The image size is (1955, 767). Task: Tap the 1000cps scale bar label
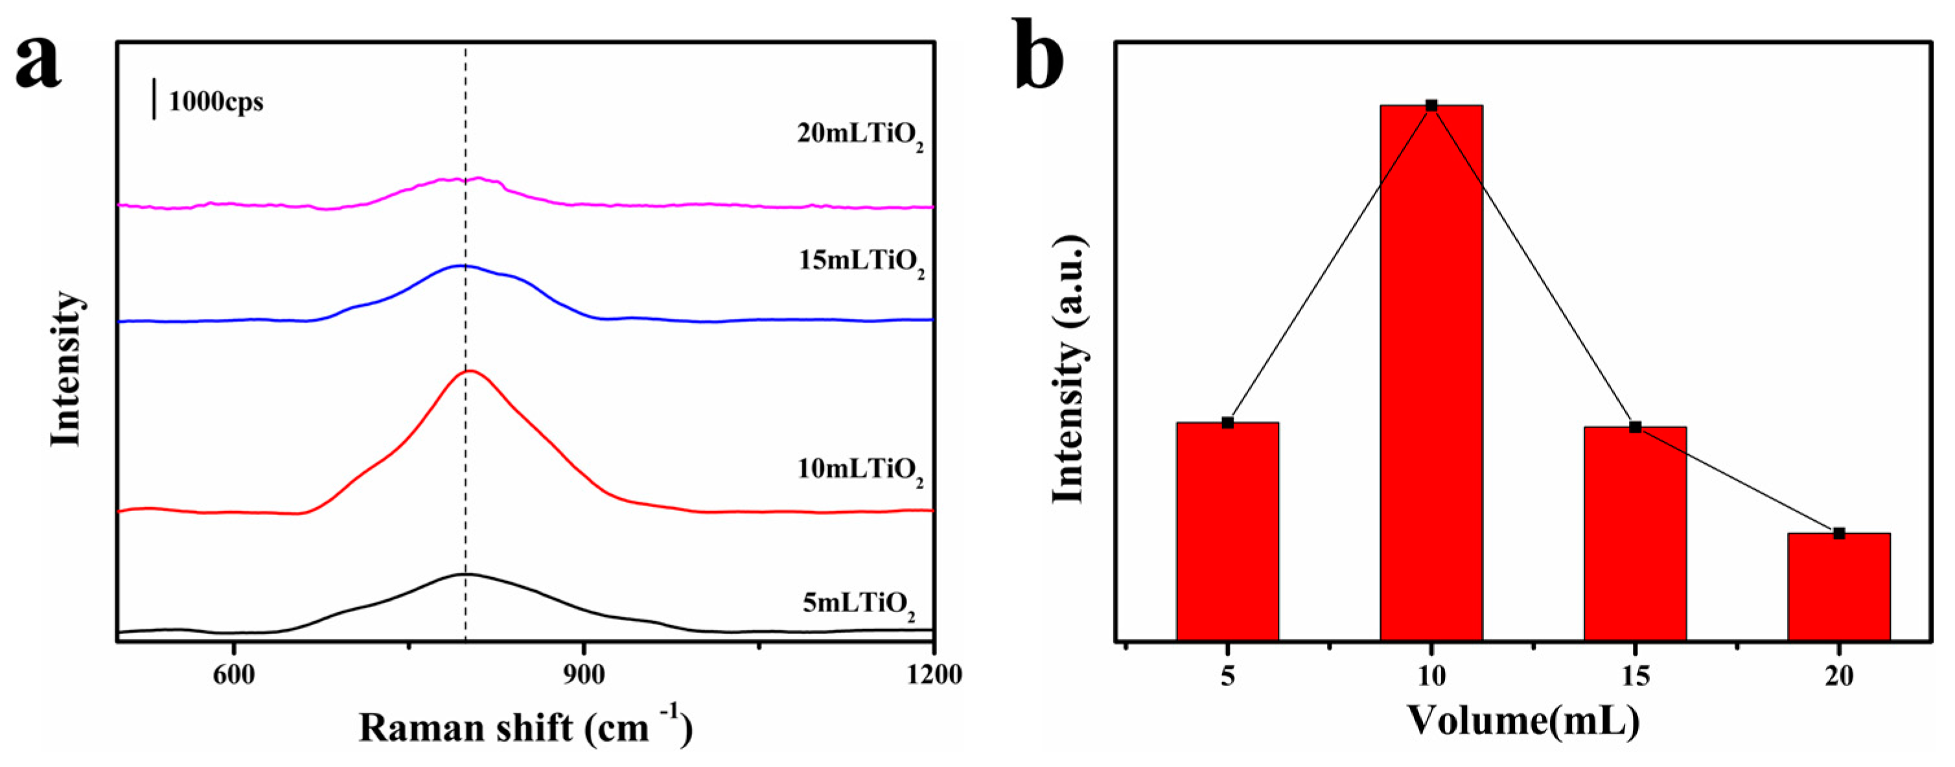click(x=216, y=101)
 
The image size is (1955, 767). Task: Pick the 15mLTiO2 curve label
click(x=861, y=262)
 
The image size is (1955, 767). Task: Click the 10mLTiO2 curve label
click(x=860, y=470)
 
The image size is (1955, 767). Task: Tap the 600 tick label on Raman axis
click(x=234, y=674)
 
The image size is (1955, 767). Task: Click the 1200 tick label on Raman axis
click(x=934, y=674)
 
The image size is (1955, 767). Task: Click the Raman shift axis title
click(x=525, y=727)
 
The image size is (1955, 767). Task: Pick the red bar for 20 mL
click(x=1838, y=588)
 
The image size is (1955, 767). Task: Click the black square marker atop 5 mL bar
click(x=1227, y=422)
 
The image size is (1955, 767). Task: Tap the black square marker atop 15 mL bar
click(x=1635, y=427)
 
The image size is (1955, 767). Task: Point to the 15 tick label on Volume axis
click(x=1635, y=675)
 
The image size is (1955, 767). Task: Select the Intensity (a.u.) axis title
click(x=1069, y=369)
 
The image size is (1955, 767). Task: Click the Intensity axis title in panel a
click(x=67, y=369)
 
